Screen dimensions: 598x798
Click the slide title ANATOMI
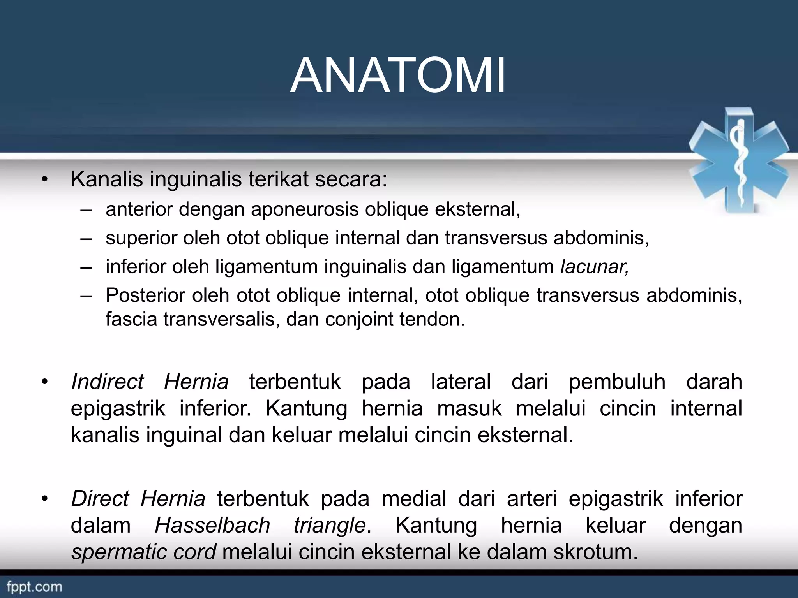398,76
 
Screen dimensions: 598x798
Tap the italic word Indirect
108,382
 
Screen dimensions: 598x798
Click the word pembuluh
617,382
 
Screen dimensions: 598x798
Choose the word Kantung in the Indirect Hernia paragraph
306,408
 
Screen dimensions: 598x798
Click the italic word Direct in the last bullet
100,499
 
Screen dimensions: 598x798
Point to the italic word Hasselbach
212,525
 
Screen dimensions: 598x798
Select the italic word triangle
330,525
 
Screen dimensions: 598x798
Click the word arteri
531,499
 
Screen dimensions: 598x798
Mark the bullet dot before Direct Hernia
45,499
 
